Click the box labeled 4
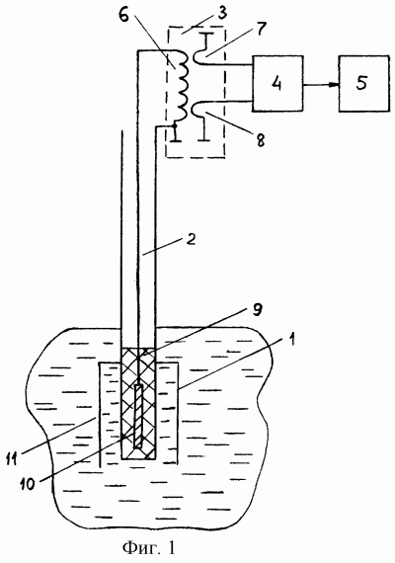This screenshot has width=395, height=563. pyautogui.click(x=277, y=83)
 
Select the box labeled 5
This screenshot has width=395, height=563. pyautogui.click(x=364, y=83)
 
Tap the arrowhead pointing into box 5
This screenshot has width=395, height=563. pyautogui.click(x=335, y=85)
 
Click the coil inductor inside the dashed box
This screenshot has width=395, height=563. pyautogui.click(x=181, y=86)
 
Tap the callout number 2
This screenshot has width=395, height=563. pyautogui.click(x=191, y=239)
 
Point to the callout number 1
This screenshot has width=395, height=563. pyautogui.click(x=292, y=340)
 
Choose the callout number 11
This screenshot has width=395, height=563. pyautogui.click(x=12, y=458)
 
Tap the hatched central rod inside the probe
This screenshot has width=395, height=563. pyautogui.click(x=138, y=416)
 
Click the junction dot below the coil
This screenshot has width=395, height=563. pyautogui.click(x=175, y=126)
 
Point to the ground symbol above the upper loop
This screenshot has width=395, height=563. pyautogui.click(x=206, y=40)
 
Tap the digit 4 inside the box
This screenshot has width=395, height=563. pyautogui.click(x=276, y=83)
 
